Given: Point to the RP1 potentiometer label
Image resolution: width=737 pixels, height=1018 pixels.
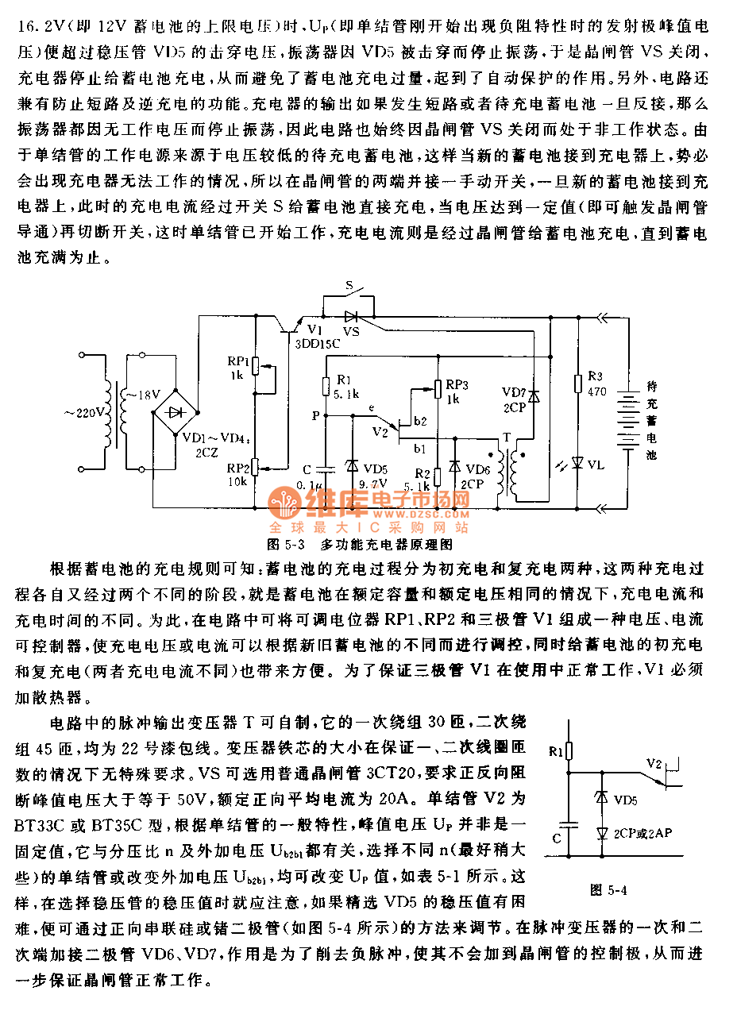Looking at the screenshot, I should (237, 359).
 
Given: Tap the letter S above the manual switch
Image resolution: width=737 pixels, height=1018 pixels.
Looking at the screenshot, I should (349, 284).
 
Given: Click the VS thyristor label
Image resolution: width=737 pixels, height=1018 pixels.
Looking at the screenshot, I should (350, 331).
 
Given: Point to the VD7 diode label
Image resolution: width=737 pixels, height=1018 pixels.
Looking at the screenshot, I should (513, 391).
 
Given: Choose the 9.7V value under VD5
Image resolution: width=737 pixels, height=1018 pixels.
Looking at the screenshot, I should (372, 483).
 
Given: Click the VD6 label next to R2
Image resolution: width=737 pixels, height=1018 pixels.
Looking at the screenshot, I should (478, 469).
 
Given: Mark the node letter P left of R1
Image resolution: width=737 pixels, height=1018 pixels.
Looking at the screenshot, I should (316, 415).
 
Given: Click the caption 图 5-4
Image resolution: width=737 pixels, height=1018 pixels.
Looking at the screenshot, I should (608, 889).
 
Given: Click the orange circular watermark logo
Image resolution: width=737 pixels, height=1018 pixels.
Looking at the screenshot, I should (284, 503).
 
